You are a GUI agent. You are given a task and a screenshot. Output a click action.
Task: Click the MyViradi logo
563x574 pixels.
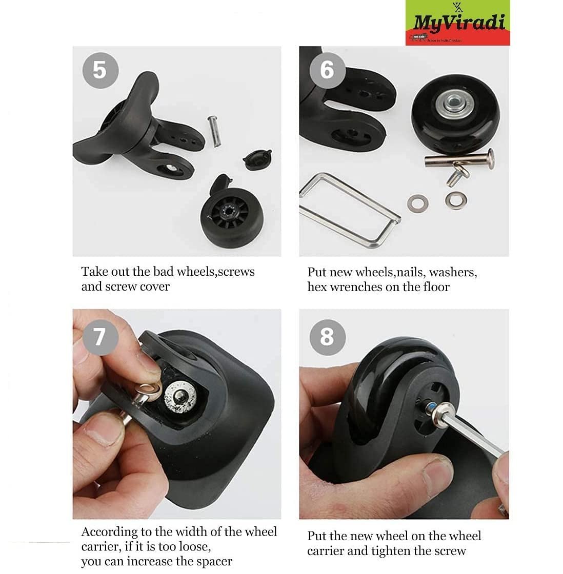pyautogui.click(x=457, y=23)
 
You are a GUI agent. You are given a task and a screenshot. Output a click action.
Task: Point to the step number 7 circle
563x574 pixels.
pyautogui.click(x=100, y=337)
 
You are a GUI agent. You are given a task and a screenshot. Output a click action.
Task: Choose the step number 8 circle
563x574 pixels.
pyautogui.click(x=327, y=337)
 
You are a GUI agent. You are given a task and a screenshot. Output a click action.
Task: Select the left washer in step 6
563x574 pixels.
pyautogui.click(x=415, y=202)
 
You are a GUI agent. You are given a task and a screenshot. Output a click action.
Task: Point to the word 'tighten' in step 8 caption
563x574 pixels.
pyautogui.click(x=407, y=551)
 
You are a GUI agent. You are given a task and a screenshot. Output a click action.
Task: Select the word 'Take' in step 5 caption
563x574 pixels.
pyautogui.click(x=94, y=272)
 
